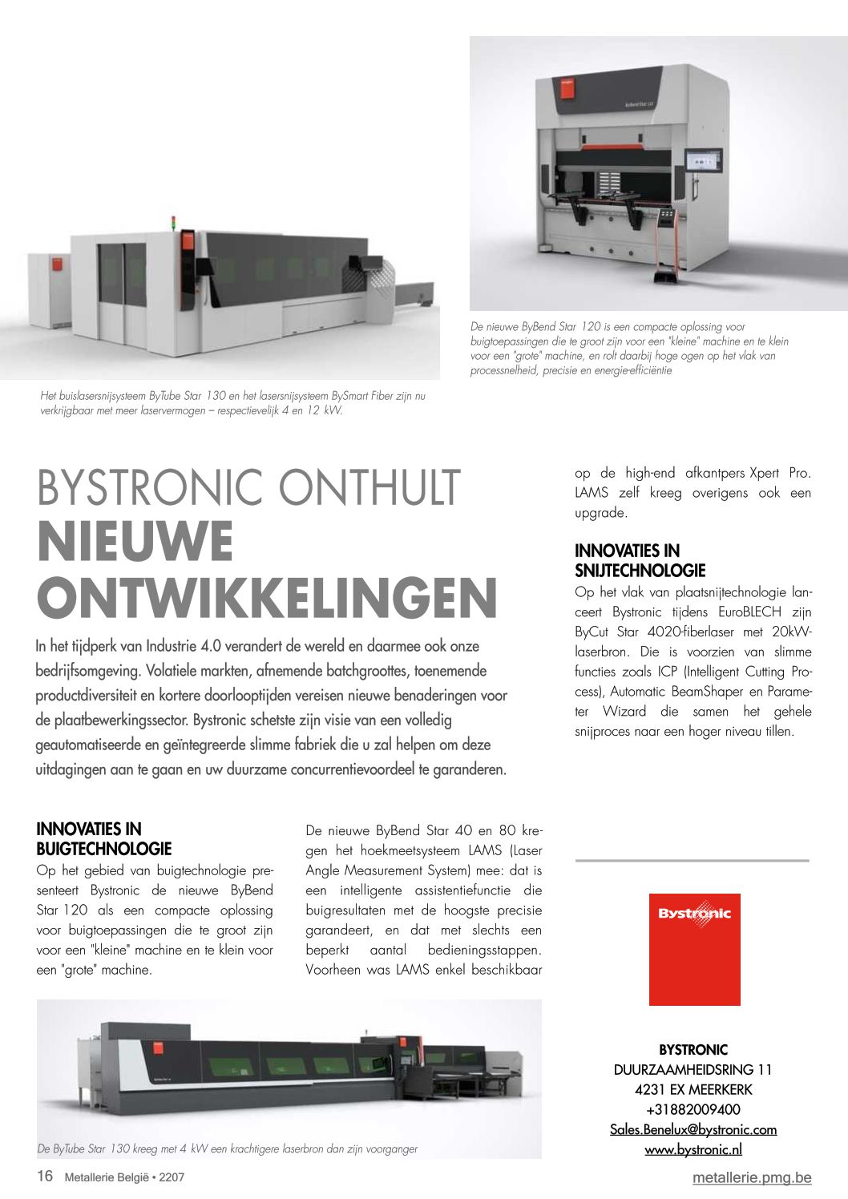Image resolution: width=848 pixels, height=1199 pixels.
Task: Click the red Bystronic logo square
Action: [x=694, y=949]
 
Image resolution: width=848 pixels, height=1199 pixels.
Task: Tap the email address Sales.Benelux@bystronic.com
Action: [x=693, y=1129]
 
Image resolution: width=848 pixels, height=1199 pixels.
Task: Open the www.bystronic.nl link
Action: [x=693, y=1149]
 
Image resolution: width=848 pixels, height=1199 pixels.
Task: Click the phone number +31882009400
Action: [x=693, y=1109]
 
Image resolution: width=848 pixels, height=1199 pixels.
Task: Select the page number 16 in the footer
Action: [x=45, y=1176]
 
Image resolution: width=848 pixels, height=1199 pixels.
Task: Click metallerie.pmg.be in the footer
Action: [x=752, y=1177]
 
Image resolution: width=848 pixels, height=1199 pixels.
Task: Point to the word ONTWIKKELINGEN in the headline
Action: [x=267, y=599]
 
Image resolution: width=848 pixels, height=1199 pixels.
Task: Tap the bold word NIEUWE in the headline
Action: [x=135, y=542]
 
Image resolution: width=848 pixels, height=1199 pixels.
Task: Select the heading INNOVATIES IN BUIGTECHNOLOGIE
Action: [x=103, y=838]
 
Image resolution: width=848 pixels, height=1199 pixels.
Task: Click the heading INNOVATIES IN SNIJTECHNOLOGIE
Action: [x=640, y=560]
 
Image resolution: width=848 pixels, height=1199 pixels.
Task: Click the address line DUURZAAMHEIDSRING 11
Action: [x=693, y=1069]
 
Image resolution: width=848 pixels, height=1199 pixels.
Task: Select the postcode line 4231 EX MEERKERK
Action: [x=693, y=1089]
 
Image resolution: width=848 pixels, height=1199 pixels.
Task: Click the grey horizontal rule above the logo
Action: [x=693, y=861]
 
